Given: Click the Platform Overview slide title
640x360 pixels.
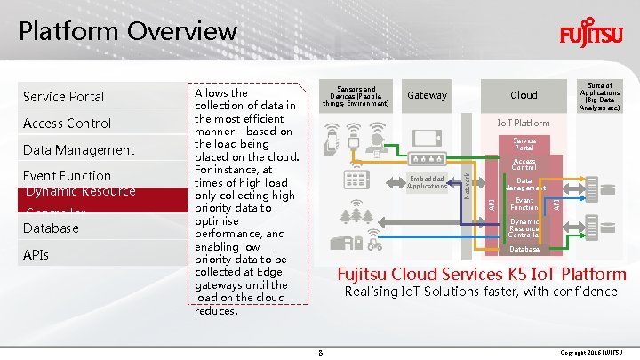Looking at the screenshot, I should [x=128, y=31].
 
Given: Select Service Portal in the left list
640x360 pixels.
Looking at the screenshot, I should [x=63, y=96].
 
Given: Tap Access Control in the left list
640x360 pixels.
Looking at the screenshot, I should [x=67, y=123].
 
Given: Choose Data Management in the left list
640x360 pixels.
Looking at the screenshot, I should [x=78, y=149].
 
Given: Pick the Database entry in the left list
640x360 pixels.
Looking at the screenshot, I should [x=51, y=228].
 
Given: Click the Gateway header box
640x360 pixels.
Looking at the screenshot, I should [x=427, y=95].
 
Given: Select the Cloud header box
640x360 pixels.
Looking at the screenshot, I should [x=524, y=95].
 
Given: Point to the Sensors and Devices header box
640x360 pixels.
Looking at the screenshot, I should [x=356, y=96].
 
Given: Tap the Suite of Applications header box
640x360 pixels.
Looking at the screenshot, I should [x=600, y=95].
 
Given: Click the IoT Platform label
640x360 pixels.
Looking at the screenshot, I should [x=524, y=122].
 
